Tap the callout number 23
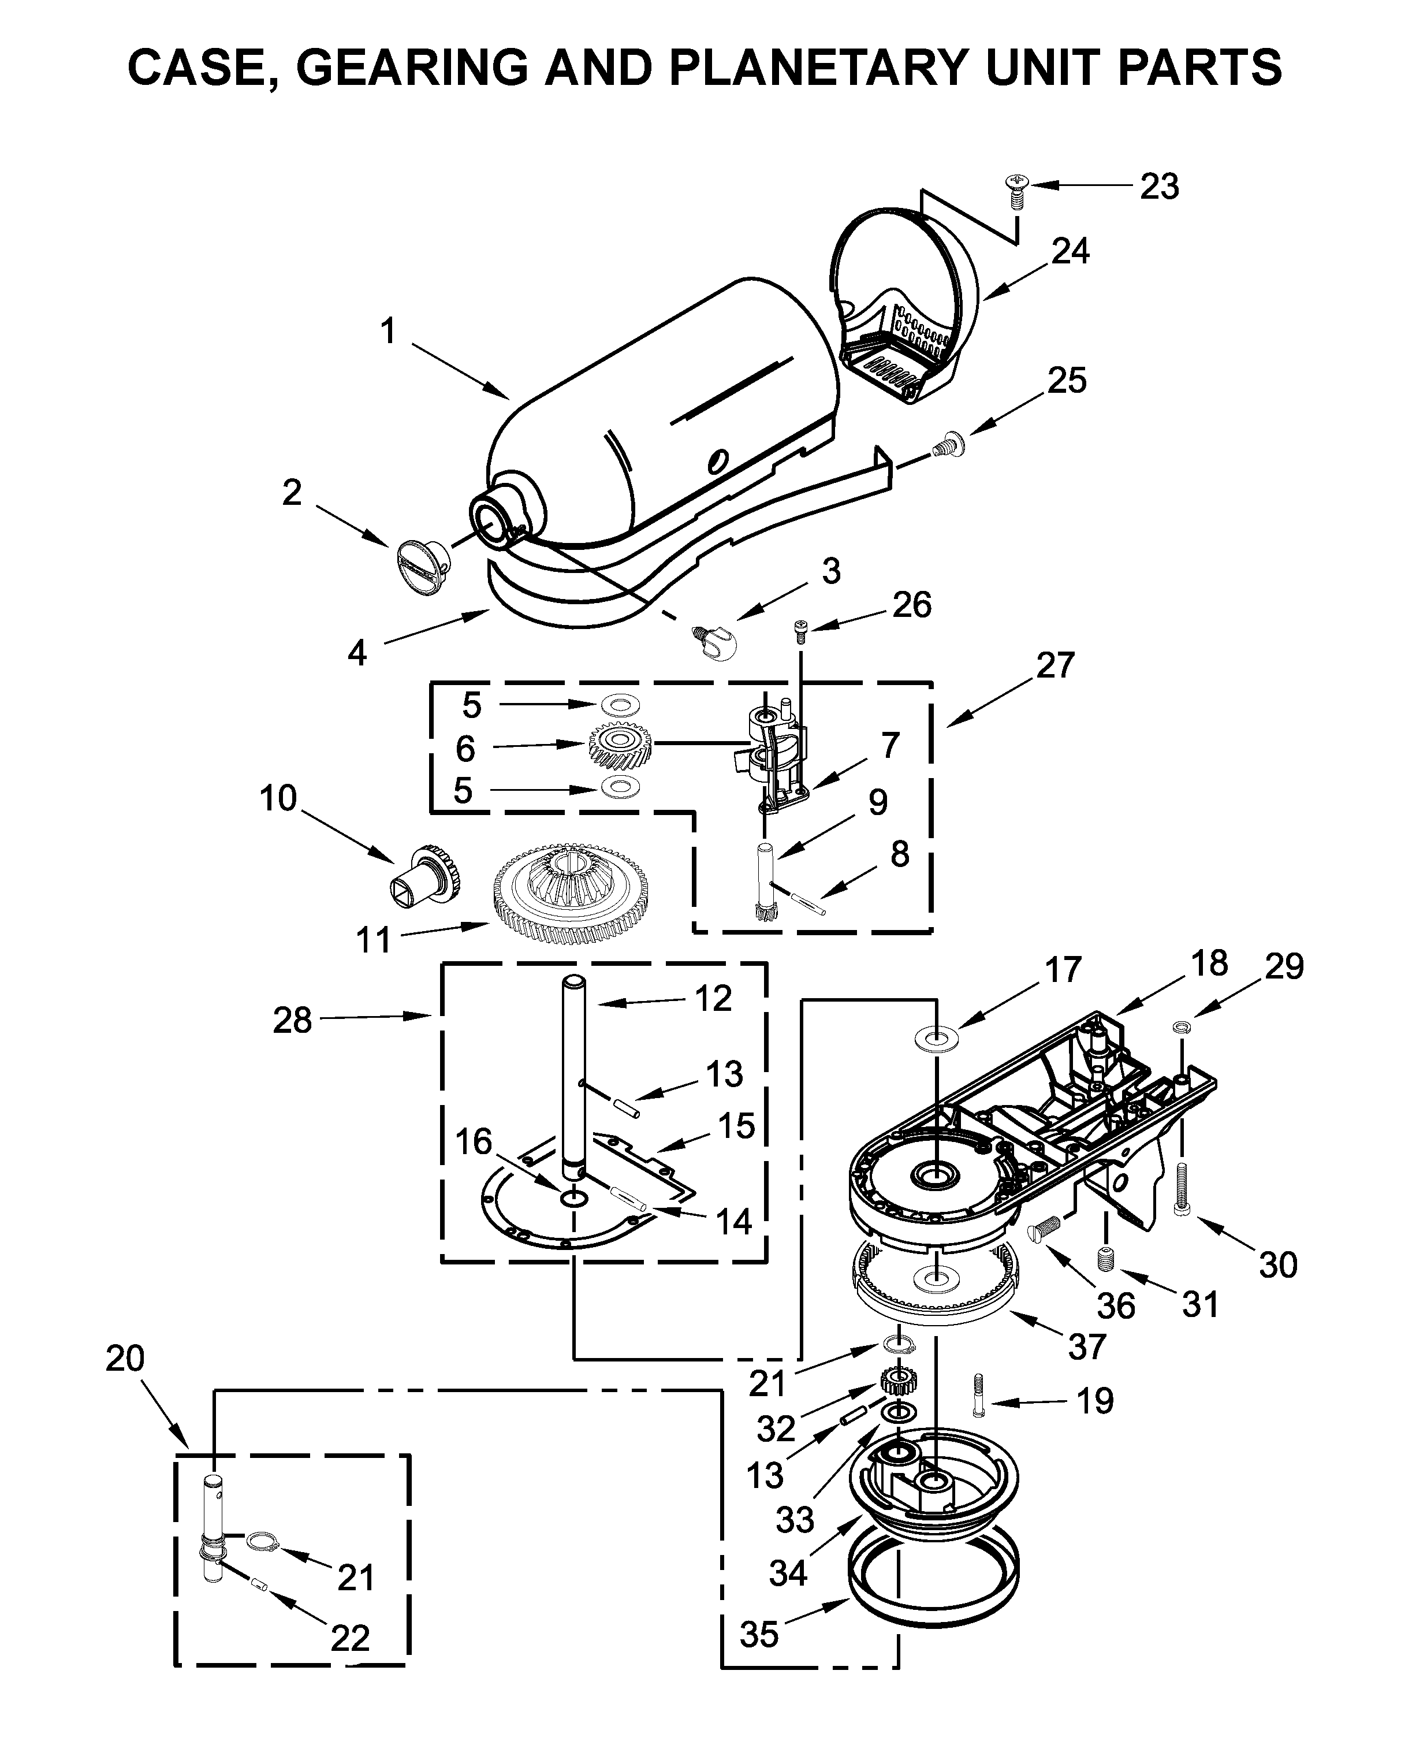click(1160, 187)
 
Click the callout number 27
click(1056, 665)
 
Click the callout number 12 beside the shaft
click(713, 999)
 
